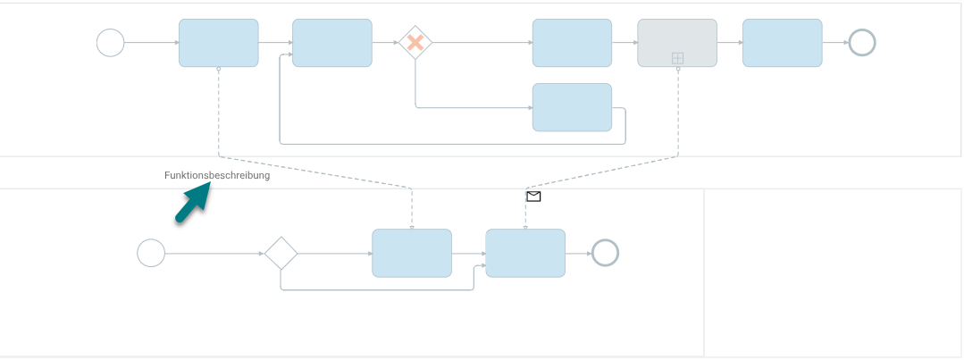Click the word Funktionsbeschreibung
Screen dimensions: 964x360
coord(217,175)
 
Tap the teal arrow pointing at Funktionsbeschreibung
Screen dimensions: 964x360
coord(193,204)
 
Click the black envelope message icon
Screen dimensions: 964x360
coord(533,197)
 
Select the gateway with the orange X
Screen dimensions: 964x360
coord(415,42)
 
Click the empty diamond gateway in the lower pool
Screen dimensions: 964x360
coord(281,253)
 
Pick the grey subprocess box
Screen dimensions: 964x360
coord(677,42)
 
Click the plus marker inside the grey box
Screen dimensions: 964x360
coord(677,58)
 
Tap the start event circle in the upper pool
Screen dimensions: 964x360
coord(111,42)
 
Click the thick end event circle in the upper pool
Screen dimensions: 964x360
coord(862,42)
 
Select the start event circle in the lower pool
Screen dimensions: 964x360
coord(151,253)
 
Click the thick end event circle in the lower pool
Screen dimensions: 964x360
coord(605,253)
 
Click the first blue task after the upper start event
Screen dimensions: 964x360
coord(219,42)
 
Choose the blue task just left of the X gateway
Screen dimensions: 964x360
coord(332,42)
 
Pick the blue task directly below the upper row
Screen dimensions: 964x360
coord(572,107)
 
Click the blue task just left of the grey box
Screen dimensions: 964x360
coord(572,42)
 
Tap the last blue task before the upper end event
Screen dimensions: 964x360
coord(782,42)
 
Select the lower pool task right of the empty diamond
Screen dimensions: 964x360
coord(412,253)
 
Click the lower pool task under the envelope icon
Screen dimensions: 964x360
coord(525,253)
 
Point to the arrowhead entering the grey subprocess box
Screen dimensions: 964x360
coord(635,42)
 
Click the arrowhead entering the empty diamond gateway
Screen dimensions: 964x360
coord(261,253)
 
